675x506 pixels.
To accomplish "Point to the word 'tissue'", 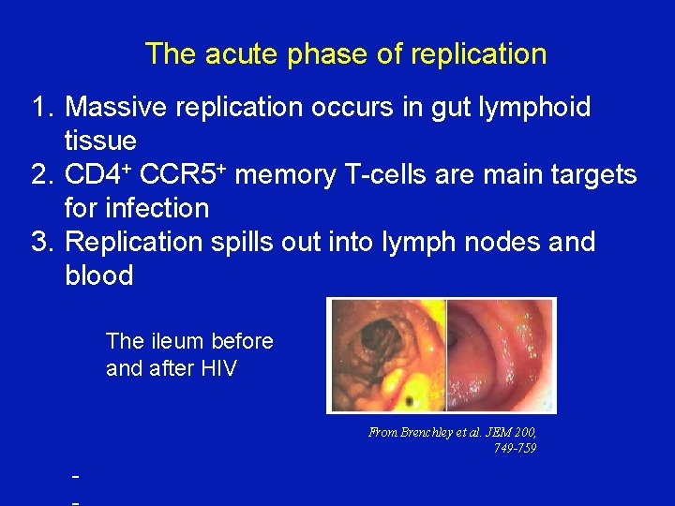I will click(100, 141).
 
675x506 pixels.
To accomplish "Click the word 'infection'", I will click(158, 208).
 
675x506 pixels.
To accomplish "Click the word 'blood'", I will click(99, 275).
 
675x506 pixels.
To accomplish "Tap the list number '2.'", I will click(43, 174).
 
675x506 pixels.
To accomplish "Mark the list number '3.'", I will click(43, 242).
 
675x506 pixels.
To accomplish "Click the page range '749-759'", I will click(515, 448).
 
